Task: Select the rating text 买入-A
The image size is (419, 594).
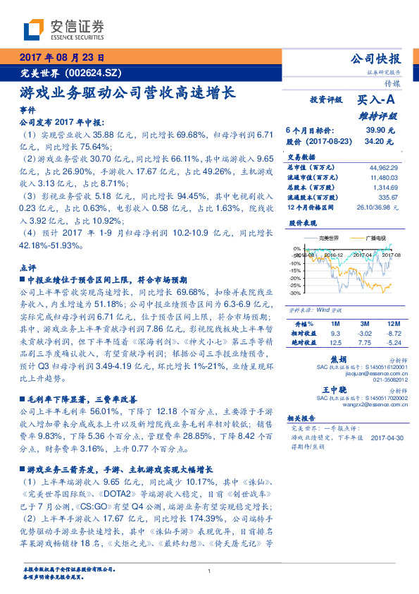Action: pyautogui.click(x=376, y=101)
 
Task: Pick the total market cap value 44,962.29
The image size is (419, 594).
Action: pyautogui.click(x=383, y=168)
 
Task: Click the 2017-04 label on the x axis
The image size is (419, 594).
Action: pyautogui.click(x=363, y=255)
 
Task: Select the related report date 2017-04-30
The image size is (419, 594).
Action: pyautogui.click(x=387, y=437)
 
